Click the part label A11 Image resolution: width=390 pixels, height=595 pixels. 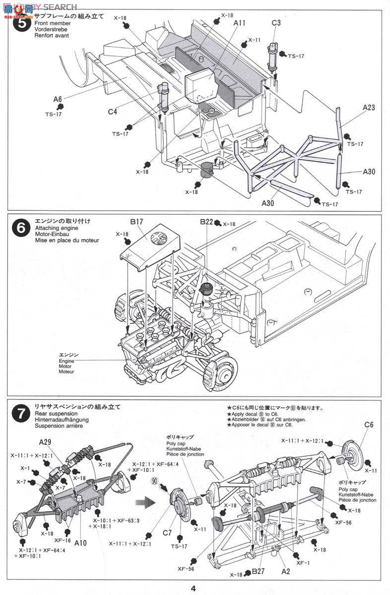click(239, 23)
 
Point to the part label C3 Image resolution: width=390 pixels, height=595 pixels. click(276, 23)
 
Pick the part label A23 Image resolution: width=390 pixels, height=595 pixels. click(369, 107)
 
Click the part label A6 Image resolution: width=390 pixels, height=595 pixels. click(58, 99)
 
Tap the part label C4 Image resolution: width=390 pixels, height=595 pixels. click(113, 112)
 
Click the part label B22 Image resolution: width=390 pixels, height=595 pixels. click(206, 222)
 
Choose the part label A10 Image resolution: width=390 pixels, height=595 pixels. click(80, 543)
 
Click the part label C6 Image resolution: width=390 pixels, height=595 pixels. click(368, 424)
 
